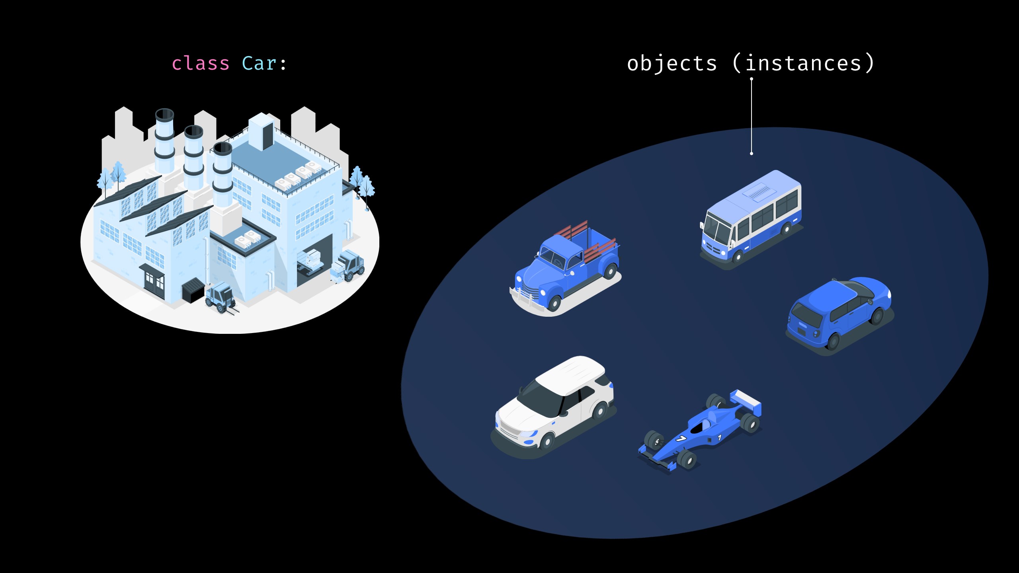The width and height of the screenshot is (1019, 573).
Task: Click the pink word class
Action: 200,64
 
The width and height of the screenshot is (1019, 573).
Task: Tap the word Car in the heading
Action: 259,64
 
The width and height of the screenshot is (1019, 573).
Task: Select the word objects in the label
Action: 672,64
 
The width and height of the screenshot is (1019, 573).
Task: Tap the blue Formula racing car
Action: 701,432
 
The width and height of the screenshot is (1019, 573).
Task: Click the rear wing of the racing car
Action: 746,402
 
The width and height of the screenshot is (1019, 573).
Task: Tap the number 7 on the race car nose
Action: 681,439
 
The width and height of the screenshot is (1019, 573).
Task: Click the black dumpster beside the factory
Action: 193,290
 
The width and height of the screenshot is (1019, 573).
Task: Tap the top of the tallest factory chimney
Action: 164,115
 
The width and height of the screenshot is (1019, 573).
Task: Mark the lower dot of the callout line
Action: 752,154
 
